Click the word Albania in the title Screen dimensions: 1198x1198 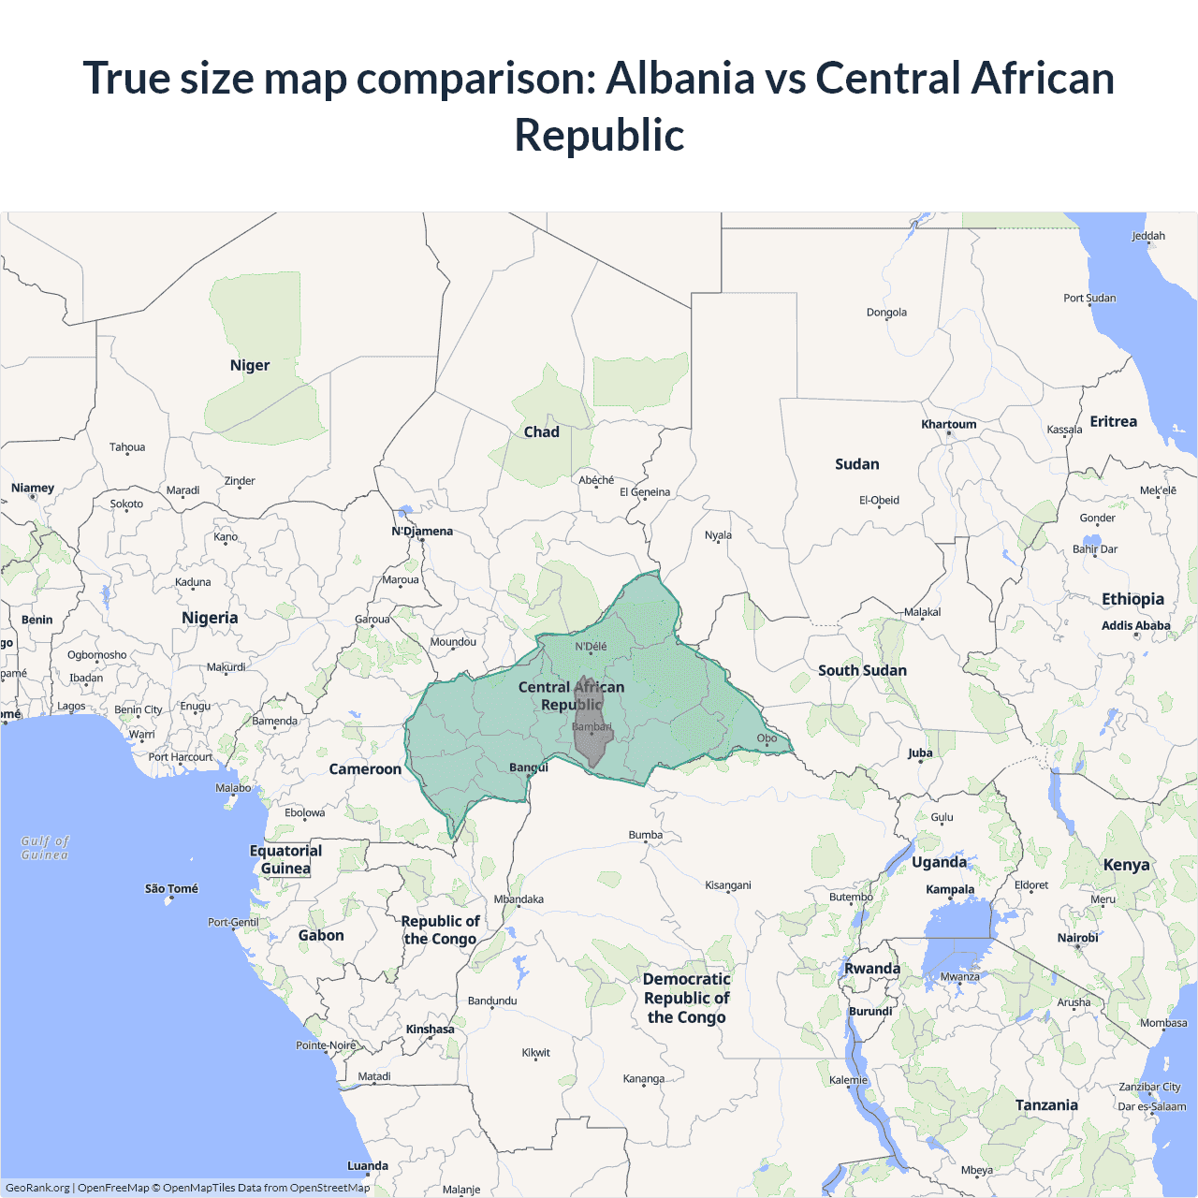point(680,78)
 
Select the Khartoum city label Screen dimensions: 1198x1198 point(948,424)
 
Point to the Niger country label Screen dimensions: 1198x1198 point(250,365)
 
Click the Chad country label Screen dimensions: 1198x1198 point(541,431)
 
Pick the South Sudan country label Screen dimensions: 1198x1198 point(862,670)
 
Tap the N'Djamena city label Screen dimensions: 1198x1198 point(422,531)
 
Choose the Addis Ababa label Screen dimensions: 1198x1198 point(1135,625)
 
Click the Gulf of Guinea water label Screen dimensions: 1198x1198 point(45,848)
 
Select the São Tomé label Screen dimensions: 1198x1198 point(171,888)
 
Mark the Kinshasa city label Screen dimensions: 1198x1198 point(430,1029)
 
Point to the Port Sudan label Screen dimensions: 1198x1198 point(1089,298)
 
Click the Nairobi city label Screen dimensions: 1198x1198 point(1077,937)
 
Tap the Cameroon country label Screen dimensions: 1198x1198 point(365,768)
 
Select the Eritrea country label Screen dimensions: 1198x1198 point(1113,421)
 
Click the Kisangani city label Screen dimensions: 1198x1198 point(727,884)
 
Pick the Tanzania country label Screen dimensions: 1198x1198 point(1046,1104)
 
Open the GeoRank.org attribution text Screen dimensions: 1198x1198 point(37,1188)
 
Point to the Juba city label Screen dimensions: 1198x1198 point(920,752)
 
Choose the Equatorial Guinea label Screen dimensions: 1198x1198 point(285,859)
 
